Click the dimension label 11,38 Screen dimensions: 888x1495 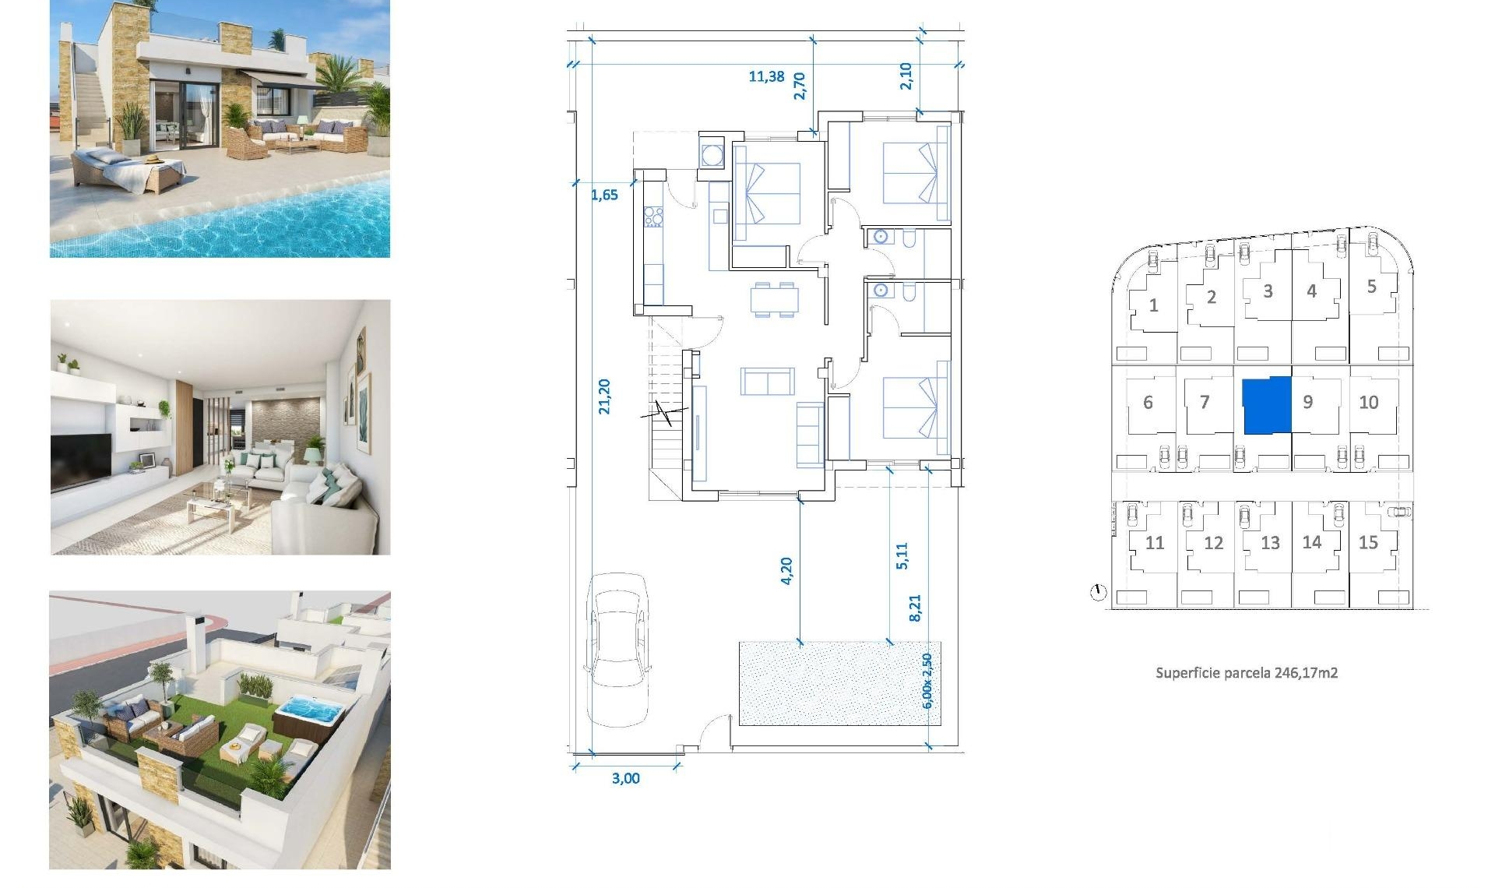click(x=766, y=76)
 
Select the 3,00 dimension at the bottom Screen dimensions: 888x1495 click(x=625, y=778)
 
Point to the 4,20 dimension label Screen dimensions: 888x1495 click(x=786, y=570)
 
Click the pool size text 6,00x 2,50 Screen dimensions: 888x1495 click(x=927, y=681)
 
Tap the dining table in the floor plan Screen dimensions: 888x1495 click(x=774, y=300)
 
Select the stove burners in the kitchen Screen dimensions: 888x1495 click(x=653, y=216)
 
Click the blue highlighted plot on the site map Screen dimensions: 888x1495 click(x=1266, y=405)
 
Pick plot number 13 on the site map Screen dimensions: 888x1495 click(x=1270, y=543)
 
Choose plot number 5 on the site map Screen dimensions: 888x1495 click(x=1371, y=287)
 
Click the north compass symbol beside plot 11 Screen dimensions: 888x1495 click(x=1098, y=593)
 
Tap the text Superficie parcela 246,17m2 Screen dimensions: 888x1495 click(x=1246, y=673)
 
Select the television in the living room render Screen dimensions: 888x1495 click(x=81, y=460)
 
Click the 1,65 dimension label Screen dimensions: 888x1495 click(x=604, y=195)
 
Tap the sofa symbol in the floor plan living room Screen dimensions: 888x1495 click(x=768, y=382)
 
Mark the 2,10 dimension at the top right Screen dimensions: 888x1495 click(x=906, y=76)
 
